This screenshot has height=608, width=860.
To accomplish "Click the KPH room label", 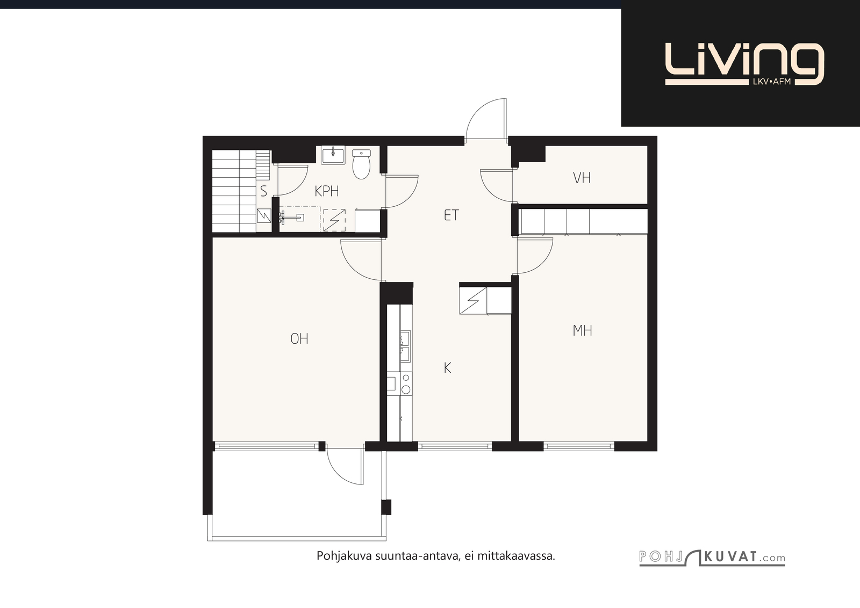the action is click(327, 191).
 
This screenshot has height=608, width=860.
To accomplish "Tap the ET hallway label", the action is click(451, 215).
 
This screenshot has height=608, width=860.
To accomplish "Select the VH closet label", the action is click(582, 178).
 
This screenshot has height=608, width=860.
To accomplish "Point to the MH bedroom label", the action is click(582, 331).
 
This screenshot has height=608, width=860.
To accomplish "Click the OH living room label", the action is click(299, 339).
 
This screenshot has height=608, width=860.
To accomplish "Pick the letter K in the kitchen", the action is click(447, 368).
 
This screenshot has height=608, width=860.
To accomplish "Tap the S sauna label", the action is click(263, 191).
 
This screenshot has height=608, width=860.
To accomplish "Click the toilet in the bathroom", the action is click(361, 164).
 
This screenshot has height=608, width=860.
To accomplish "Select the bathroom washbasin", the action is click(333, 155).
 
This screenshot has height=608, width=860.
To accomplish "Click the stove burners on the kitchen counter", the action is click(406, 383).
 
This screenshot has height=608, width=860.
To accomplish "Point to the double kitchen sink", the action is click(405, 346).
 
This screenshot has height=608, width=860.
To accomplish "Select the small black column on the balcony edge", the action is click(386, 507).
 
